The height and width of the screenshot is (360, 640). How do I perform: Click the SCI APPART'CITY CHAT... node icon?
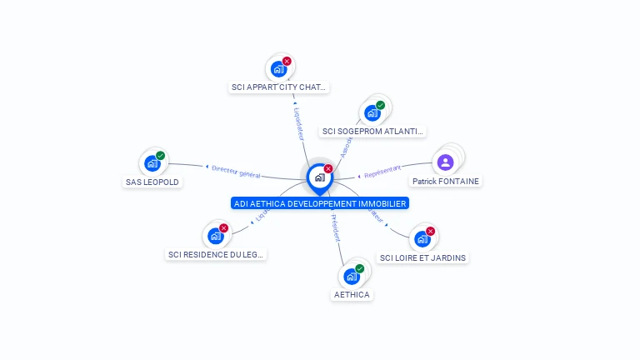[278, 70]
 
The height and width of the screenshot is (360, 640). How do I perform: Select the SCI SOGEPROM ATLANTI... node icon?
[372, 113]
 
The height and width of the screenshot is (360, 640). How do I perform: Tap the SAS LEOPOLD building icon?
[152, 164]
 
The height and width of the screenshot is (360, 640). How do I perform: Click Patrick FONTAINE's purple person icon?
[445, 162]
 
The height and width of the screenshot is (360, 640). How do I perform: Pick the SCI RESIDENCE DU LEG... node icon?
[215, 237]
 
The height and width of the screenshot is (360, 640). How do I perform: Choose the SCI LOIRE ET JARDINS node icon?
[422, 240]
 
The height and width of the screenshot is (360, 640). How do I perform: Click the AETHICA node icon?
[351, 277]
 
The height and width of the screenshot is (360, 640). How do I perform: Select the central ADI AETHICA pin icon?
[319, 177]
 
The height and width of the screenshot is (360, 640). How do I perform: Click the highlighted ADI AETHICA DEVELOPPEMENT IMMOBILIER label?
[320, 203]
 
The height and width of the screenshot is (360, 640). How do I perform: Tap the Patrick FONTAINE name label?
[446, 181]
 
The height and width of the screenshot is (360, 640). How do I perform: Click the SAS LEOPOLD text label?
[152, 182]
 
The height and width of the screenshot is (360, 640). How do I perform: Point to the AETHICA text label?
[352, 294]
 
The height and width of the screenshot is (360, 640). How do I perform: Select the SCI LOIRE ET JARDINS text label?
[422, 257]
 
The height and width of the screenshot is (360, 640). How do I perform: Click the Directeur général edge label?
[236, 172]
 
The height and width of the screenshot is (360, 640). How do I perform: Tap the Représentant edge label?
[382, 172]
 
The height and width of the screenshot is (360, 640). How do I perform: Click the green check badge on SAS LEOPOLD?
[161, 156]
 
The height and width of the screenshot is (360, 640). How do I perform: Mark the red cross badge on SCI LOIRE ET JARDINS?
[430, 232]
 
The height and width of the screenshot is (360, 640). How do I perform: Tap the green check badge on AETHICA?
[359, 268]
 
